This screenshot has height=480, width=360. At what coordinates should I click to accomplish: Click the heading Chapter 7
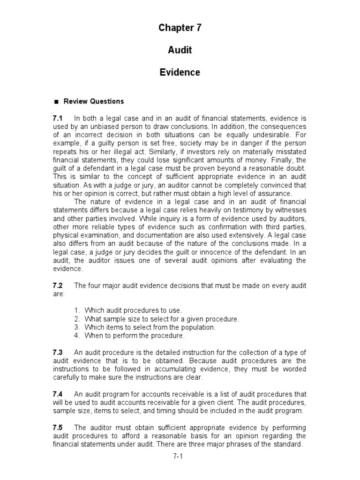coord(180,28)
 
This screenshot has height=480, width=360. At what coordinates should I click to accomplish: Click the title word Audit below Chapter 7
coord(180,50)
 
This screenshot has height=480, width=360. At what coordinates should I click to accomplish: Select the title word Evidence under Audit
coord(180,73)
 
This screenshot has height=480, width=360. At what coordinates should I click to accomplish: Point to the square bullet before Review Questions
coord(56,102)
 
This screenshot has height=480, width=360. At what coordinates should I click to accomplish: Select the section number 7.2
coord(58,286)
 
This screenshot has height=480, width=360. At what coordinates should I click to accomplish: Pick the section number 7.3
coord(58,352)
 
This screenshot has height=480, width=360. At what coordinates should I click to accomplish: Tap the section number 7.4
coord(58,394)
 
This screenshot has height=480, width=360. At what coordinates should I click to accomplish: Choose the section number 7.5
coord(58,427)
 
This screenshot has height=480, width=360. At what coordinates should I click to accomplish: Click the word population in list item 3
coord(198,327)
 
